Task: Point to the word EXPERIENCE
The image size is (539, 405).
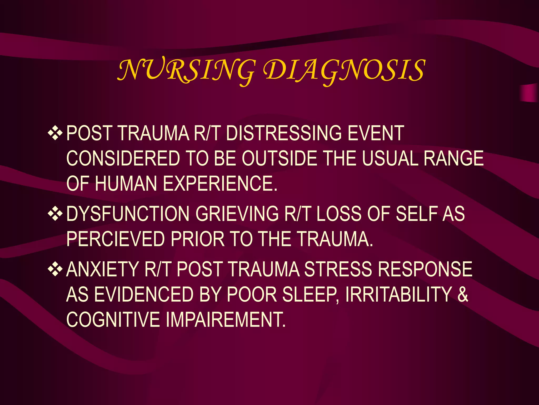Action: [220, 184]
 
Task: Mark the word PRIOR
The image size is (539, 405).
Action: [197, 239]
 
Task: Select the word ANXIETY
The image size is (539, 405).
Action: [103, 269]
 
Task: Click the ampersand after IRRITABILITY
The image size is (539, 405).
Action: [463, 295]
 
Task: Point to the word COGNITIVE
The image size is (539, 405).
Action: [113, 320]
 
